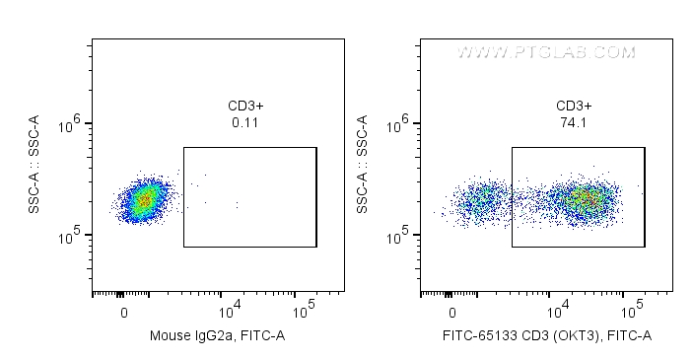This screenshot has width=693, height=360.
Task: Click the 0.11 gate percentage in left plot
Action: pyautogui.click(x=245, y=123)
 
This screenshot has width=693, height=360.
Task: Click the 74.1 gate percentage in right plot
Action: pyautogui.click(x=574, y=123)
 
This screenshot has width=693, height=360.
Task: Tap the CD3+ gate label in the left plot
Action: pyautogui.click(x=245, y=107)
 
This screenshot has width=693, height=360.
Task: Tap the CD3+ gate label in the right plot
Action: pyautogui.click(x=574, y=107)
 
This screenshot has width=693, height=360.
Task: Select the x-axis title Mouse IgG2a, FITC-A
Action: pyautogui.click(x=217, y=336)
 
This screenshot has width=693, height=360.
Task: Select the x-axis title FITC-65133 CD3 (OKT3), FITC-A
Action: pyautogui.click(x=545, y=336)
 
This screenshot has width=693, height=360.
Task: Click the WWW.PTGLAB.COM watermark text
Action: pyautogui.click(x=545, y=51)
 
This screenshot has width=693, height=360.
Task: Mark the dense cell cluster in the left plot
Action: pyautogui.click(x=144, y=200)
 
